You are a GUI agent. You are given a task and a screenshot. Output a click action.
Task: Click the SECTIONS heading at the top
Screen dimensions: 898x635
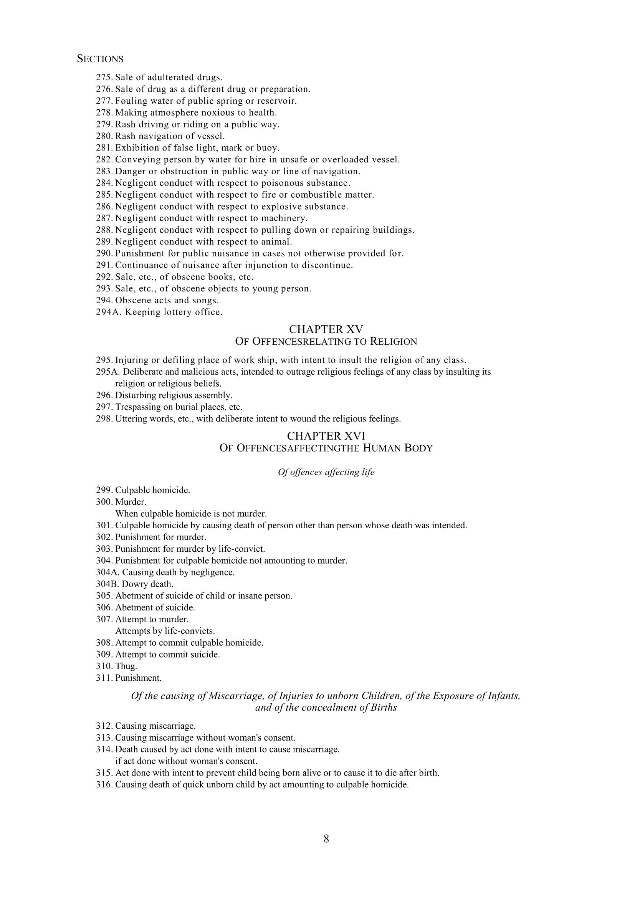pos(100,59)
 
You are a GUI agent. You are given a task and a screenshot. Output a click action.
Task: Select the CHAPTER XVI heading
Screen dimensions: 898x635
pos(326,436)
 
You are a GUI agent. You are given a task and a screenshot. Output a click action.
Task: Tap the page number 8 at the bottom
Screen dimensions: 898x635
pos(326,838)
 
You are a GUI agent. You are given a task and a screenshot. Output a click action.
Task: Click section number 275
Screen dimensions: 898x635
pos(104,78)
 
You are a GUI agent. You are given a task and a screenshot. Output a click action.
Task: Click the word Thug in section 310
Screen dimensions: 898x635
pos(126,666)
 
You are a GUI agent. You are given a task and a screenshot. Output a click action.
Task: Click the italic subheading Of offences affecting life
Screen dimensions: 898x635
pos(326,472)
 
